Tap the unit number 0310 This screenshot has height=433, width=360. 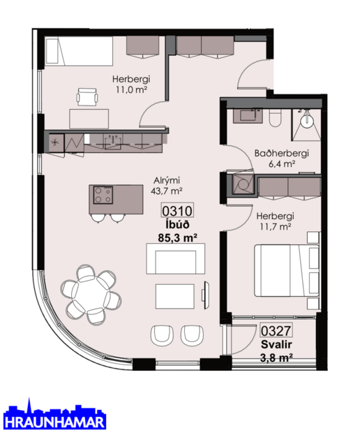tap(177, 210)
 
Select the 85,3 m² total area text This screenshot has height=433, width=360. tap(177, 237)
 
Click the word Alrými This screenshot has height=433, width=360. tap(167, 179)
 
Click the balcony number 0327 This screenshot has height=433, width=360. tap(276, 332)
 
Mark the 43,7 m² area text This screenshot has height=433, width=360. tap(167, 190)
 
